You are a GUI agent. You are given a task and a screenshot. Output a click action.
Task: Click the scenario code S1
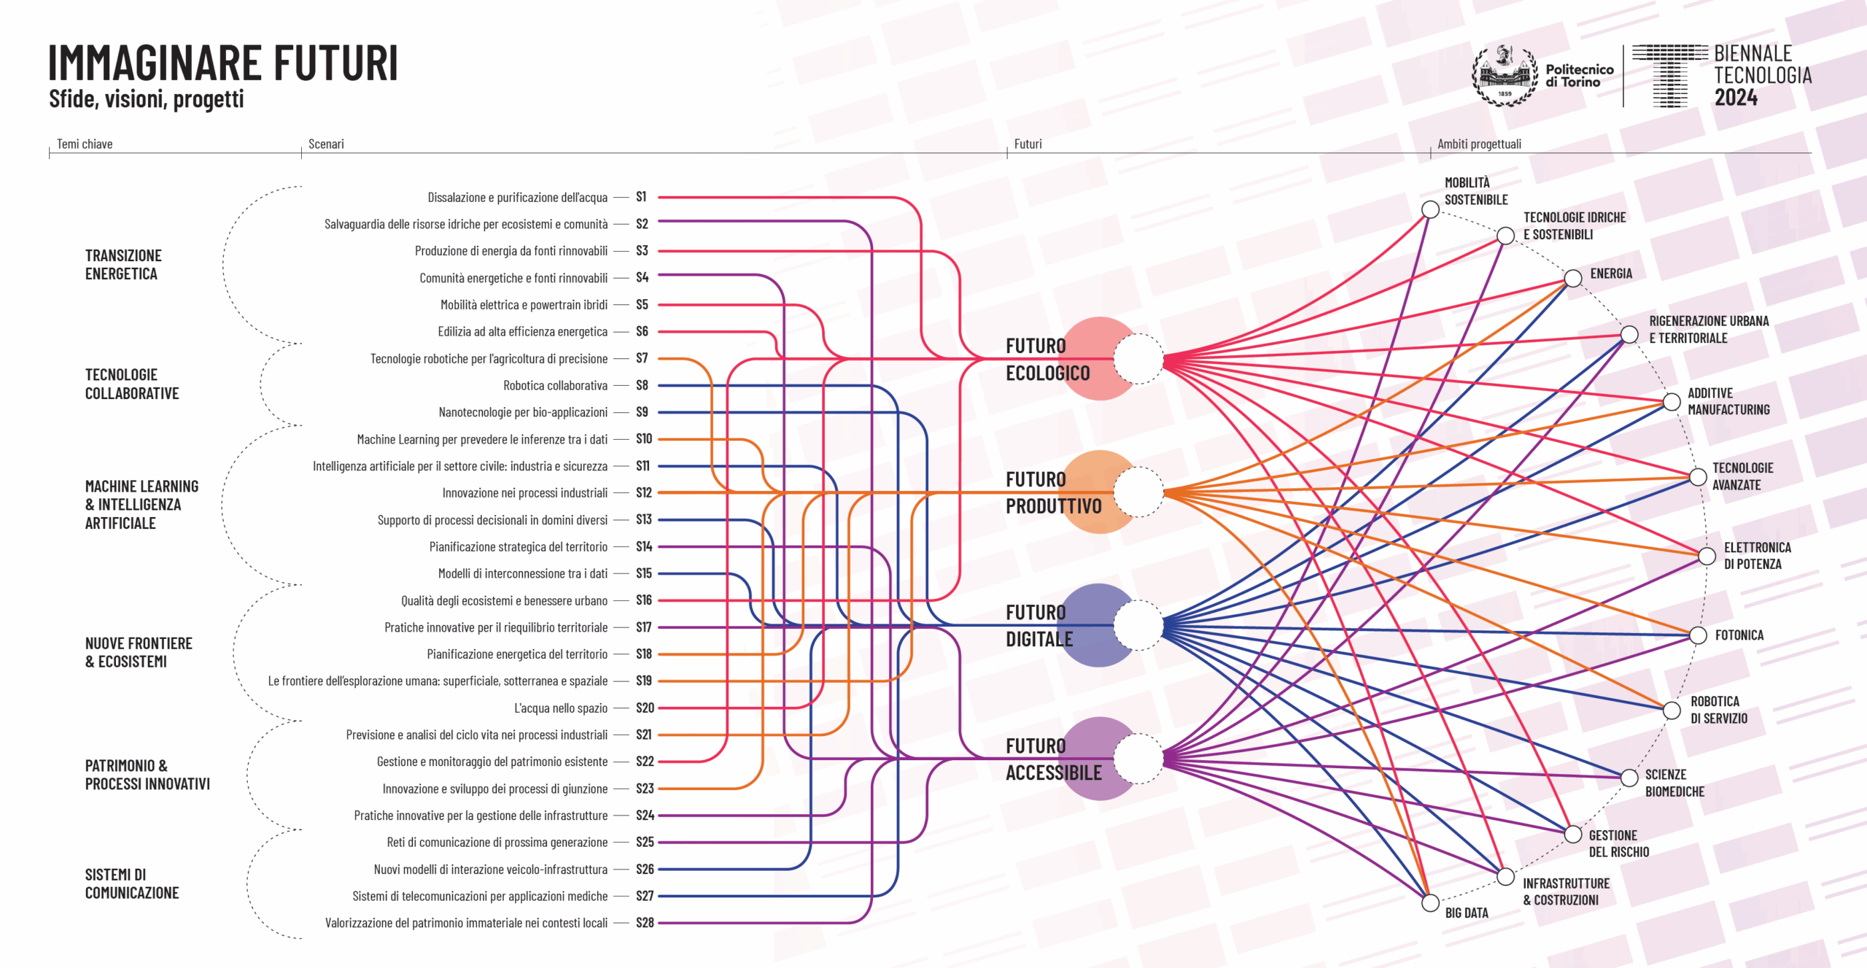pos(641,197)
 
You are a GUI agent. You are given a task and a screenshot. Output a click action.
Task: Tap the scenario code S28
pos(645,923)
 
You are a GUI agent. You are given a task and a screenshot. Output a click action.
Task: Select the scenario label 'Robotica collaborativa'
pos(555,385)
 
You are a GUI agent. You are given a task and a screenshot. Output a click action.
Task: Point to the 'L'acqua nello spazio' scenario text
pos(560,708)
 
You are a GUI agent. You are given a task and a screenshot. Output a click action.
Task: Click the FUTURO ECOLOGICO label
pos(1047,359)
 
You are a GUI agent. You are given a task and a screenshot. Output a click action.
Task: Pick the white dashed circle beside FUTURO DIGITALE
pos(1138,625)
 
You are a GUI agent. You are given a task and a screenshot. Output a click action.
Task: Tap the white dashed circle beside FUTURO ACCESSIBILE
pos(1138,759)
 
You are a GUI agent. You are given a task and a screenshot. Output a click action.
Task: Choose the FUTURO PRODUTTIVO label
pos(1053,492)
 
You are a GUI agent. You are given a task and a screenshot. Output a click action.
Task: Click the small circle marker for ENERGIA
pos(1573,278)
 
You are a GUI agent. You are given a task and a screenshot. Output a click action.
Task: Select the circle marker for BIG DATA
pos(1430,903)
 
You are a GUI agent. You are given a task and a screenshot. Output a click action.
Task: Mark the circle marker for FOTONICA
pos(1698,635)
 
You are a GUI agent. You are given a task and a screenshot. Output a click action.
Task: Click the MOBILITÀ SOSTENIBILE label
pos(1475,191)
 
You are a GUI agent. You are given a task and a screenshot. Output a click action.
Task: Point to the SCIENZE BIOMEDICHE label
pos(1674,783)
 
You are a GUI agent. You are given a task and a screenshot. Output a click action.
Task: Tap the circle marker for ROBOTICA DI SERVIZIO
pos(1672,710)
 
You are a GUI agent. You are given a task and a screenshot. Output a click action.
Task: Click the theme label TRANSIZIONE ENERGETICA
pos(123,265)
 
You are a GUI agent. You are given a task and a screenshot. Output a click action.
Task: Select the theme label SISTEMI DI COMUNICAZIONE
pos(131,883)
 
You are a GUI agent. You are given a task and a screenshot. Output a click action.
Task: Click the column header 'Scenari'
pos(326,144)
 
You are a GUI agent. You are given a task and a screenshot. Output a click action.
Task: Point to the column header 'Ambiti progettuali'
pos(1479,144)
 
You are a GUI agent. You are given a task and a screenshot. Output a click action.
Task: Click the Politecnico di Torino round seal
pos(1504,76)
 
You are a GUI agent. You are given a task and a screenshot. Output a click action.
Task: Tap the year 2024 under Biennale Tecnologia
pos(1736,98)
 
